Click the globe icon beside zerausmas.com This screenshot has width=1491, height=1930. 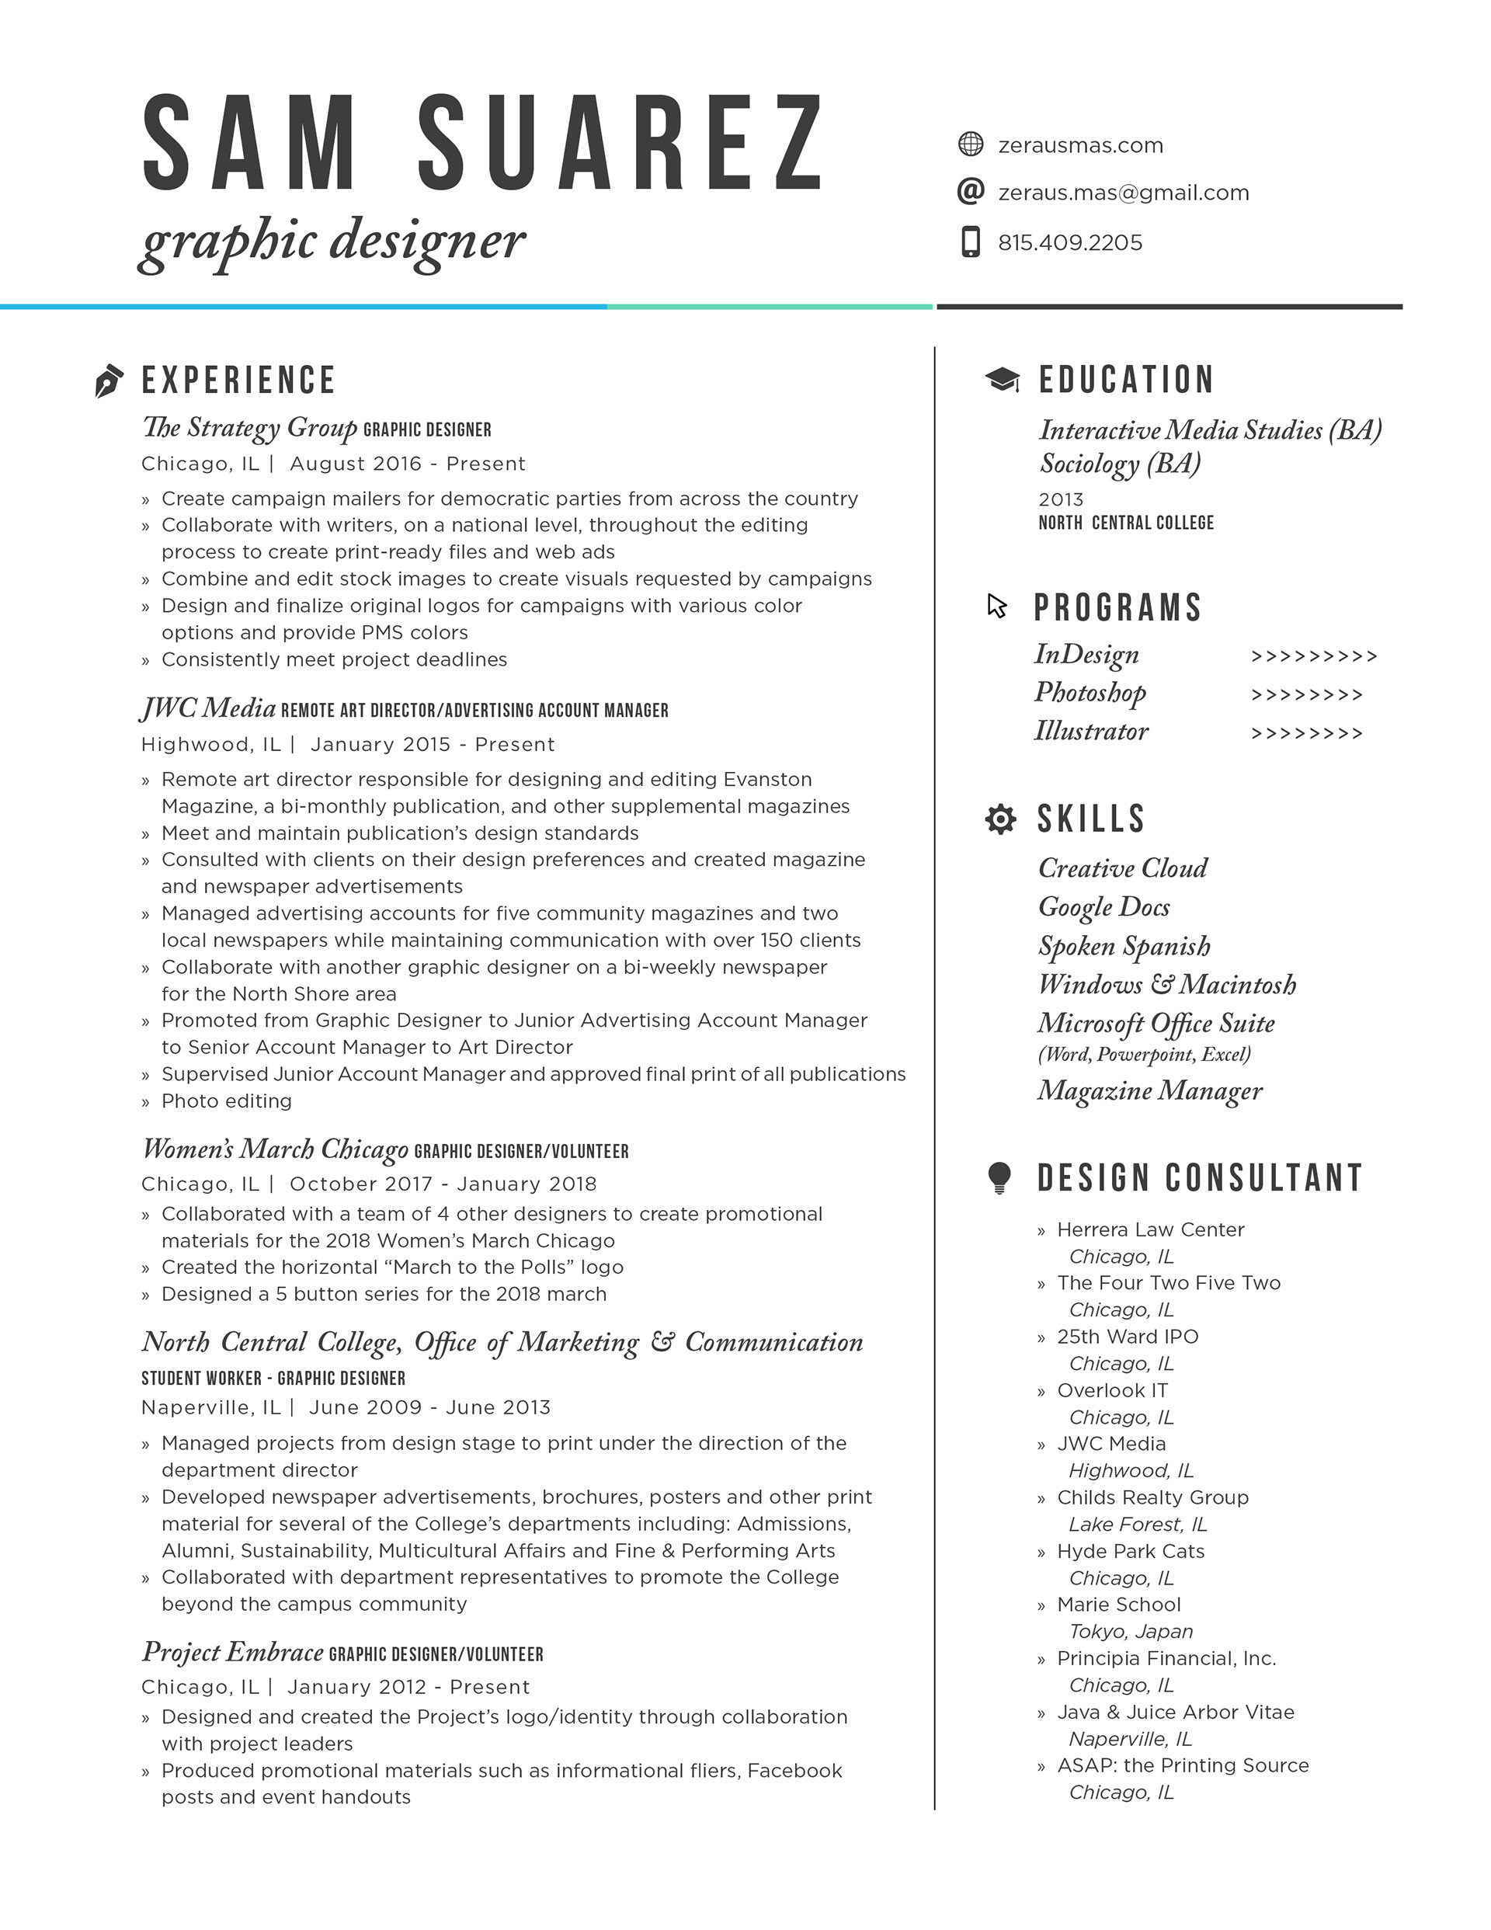pos(971,144)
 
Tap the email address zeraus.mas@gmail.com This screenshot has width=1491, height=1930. pos(1124,193)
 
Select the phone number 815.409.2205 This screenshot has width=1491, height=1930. pos(1069,243)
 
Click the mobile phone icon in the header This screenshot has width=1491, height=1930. pos(971,242)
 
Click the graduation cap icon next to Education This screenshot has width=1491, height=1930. pos(1003,380)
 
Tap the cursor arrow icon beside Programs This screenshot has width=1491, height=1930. pos(997,607)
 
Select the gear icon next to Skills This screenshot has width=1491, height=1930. pos(999,819)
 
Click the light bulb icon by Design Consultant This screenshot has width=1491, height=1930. pos(999,1178)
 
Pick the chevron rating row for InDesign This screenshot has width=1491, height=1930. pos(1314,656)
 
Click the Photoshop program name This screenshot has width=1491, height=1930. pos(1090,693)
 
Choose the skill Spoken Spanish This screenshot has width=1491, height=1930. pos(1124,947)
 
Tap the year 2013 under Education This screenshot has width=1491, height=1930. pos(1061,499)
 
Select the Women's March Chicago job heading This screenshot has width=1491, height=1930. pos(275,1149)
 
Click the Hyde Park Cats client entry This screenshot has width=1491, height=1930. pos(1131,1551)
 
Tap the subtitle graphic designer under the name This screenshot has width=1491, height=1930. pos(332,240)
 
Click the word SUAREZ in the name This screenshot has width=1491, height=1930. pos(620,144)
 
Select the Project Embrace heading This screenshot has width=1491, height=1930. pos(232,1652)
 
